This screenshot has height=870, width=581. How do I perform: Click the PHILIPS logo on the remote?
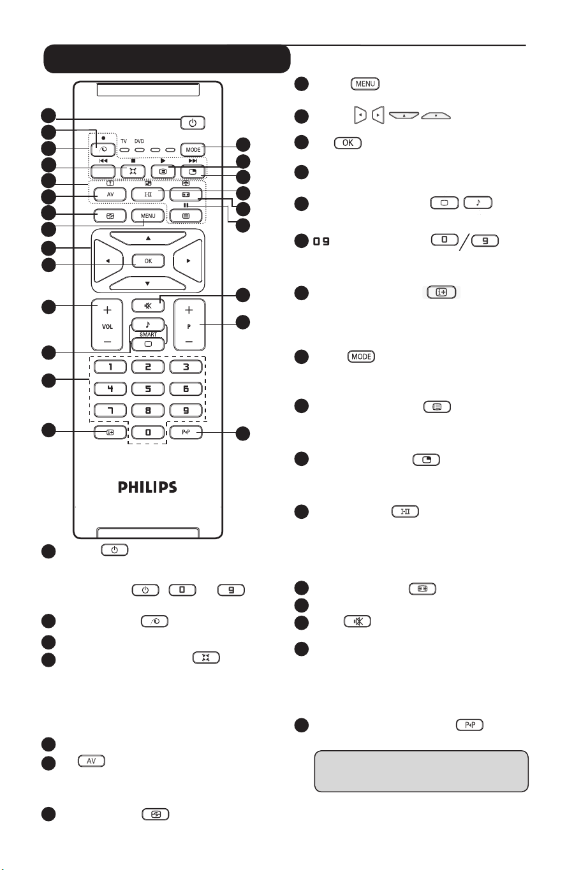[x=147, y=488]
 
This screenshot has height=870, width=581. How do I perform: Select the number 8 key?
[x=147, y=410]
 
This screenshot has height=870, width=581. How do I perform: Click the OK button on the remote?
[x=148, y=261]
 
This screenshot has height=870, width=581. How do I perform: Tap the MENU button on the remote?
[x=148, y=216]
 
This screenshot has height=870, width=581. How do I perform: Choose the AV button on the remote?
[x=107, y=194]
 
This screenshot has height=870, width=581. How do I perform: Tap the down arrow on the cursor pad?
[x=148, y=282]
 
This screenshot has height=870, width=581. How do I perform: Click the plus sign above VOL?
[x=107, y=310]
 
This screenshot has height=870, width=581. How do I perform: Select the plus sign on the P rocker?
[x=189, y=310]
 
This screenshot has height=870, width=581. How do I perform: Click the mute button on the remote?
[x=148, y=305]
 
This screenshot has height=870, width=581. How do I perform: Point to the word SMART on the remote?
[x=148, y=334]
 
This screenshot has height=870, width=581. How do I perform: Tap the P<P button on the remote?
[x=188, y=433]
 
